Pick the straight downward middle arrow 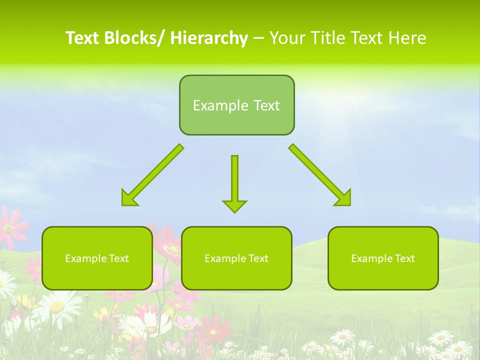pyautogui.click(x=234, y=180)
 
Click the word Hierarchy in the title pyautogui.click(x=209, y=38)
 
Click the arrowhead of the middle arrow pyautogui.click(x=234, y=205)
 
